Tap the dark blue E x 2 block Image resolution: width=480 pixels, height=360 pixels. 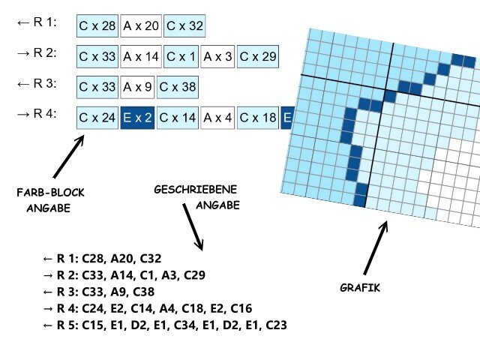(x=137, y=118)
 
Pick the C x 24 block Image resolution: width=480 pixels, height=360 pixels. (x=97, y=118)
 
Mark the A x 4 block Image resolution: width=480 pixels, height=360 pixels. (x=218, y=118)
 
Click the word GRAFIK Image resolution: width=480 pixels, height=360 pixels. (x=359, y=287)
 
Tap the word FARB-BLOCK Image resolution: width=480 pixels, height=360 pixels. (x=50, y=193)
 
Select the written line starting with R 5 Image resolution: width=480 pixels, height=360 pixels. (x=165, y=325)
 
